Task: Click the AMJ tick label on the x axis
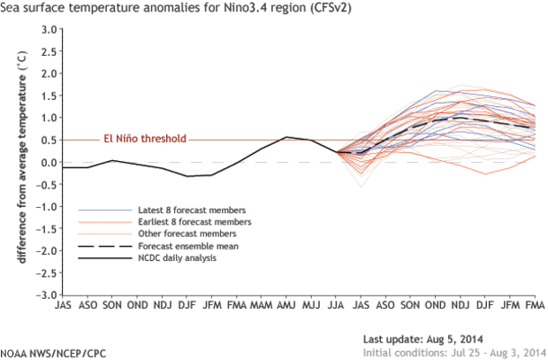click(286, 305)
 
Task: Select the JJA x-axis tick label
click(336, 305)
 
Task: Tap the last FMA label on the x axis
click(534, 305)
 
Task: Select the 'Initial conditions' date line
click(452, 352)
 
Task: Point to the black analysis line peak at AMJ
click(285, 137)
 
